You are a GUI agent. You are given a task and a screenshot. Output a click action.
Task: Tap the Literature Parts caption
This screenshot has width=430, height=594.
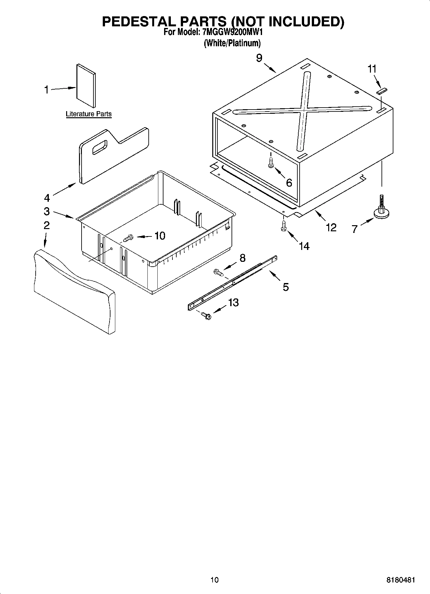tap(89, 114)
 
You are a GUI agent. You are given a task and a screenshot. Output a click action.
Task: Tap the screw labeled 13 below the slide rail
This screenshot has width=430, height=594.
tap(206, 316)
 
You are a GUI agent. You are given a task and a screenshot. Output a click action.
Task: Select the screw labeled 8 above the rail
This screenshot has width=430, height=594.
tap(218, 273)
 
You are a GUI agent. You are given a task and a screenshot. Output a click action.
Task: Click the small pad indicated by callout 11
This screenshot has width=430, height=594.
tap(382, 91)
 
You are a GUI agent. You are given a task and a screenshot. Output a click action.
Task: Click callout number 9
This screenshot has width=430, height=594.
tap(259, 58)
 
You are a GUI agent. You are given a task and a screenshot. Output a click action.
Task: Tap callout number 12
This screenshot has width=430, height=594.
tap(331, 227)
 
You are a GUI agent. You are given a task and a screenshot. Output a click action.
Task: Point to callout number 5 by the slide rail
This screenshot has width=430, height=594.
tap(285, 287)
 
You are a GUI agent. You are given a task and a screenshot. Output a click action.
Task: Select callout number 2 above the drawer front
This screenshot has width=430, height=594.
tap(46, 225)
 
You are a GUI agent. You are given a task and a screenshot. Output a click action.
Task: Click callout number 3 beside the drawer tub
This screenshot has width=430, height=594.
tap(47, 211)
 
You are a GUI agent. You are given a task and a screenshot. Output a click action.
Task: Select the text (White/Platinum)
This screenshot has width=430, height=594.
tap(232, 43)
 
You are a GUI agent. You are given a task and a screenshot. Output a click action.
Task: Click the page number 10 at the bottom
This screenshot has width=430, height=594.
tap(215, 580)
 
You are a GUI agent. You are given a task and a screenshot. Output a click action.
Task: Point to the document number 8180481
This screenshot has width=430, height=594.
tap(400, 580)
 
